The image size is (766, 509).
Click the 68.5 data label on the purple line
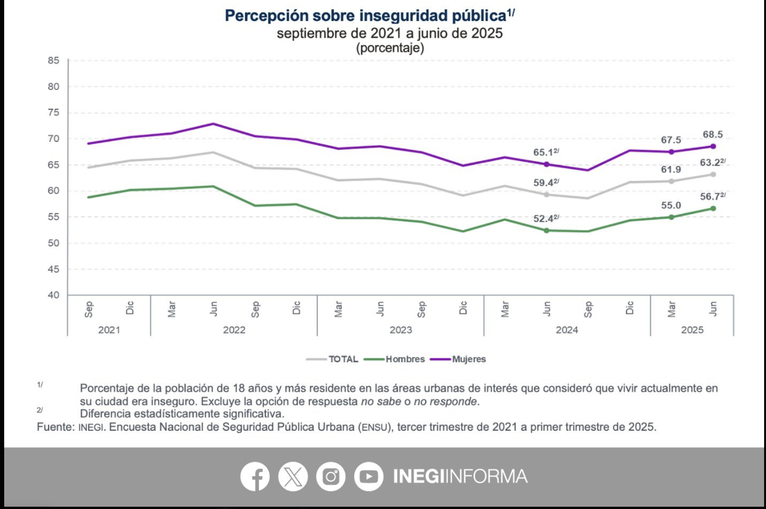pos(712,134)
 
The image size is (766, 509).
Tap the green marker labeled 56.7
pos(713,209)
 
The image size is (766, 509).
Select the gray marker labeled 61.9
pos(671,181)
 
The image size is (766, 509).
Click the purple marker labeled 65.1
pos(546,164)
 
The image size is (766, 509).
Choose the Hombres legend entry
pos(405,359)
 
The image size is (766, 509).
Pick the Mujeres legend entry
pos(468,359)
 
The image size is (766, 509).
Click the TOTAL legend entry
pos(343,359)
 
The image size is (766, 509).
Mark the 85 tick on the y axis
pos(54,60)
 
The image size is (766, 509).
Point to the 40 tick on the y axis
pos(54,295)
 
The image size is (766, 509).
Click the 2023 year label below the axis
pos(400,330)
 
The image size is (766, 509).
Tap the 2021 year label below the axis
pos(109,330)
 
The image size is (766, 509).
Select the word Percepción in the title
pos(266,16)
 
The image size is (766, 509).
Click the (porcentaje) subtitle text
pos(390,48)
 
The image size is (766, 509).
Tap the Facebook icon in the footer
pos(255,476)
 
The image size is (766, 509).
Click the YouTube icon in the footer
pos(369,476)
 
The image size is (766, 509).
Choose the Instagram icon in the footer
pos(331,476)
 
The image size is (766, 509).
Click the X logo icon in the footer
pos(293,476)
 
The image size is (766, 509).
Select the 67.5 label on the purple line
pos(671,140)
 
